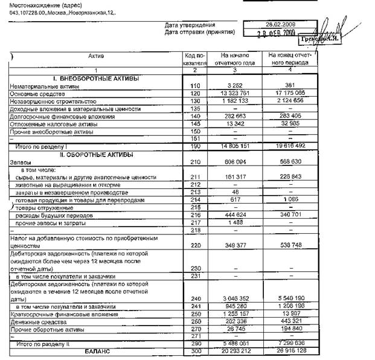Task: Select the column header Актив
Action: coord(96,56)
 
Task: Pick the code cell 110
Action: coord(194,86)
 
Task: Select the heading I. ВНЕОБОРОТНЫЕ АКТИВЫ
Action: coord(95,79)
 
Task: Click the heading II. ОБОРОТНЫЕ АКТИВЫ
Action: coord(95,155)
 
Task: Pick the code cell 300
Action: coord(194,351)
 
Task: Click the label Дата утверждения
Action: coord(190,25)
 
